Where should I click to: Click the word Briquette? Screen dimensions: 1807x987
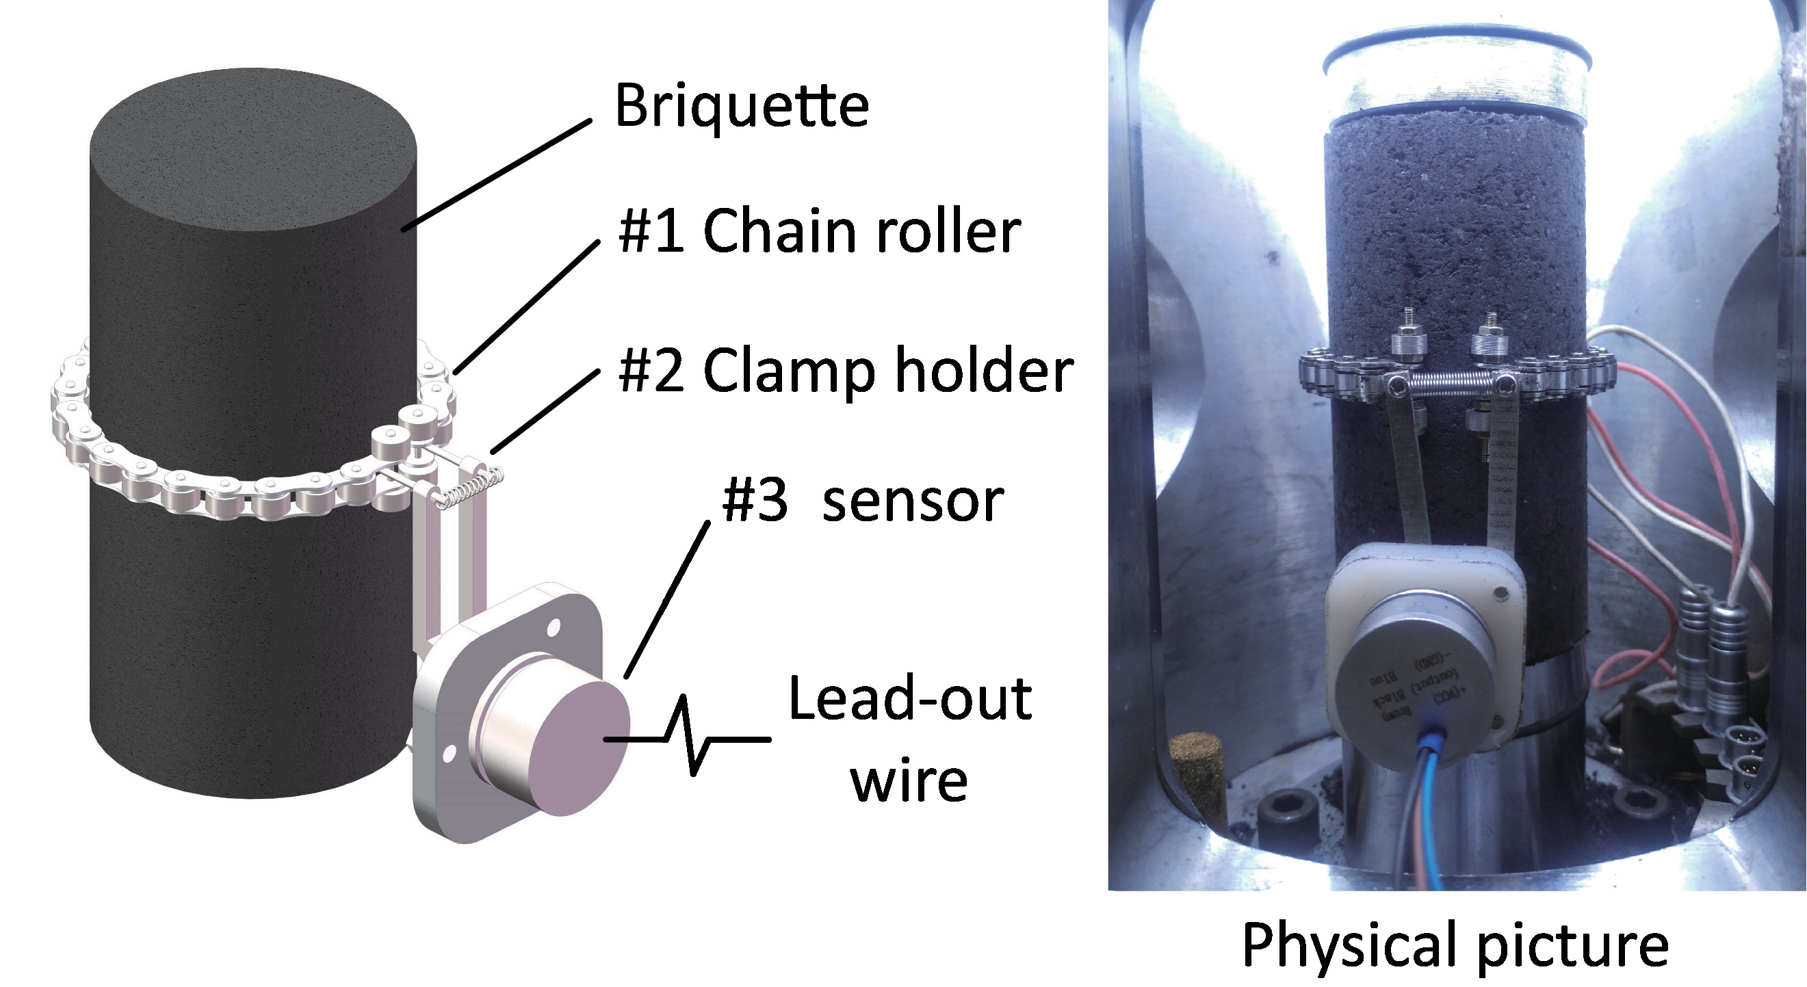pos(742,107)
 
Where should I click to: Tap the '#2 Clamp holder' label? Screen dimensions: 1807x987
pos(845,371)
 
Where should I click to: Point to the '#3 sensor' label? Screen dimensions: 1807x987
pos(863,501)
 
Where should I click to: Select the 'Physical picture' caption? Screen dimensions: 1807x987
pos(1455,945)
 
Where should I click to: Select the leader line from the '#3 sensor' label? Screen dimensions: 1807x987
pos(666,601)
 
